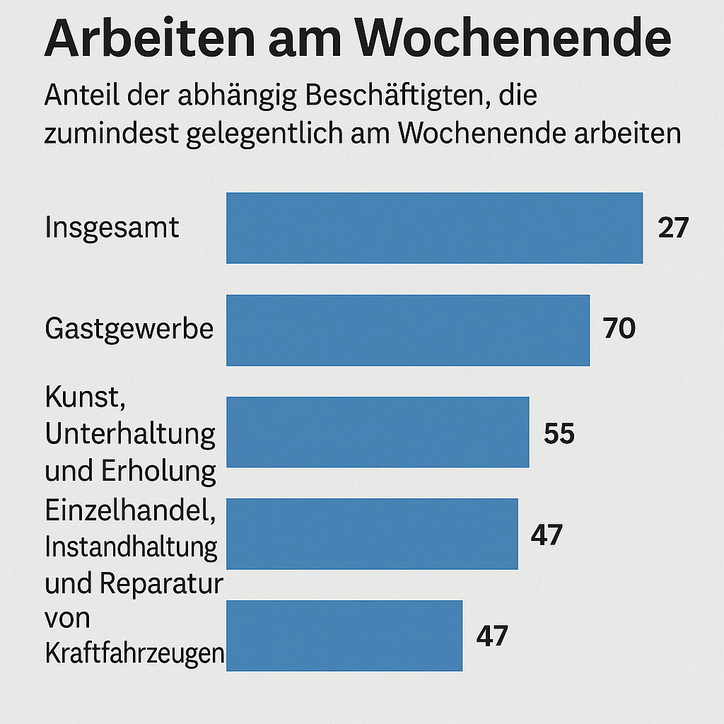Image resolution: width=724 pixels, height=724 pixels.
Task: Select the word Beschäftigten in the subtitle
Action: pos(397,96)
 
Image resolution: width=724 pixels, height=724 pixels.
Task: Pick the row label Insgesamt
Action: pos(112,228)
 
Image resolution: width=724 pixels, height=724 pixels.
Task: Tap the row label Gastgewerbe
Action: pos(129,329)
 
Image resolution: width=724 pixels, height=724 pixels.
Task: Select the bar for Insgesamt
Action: pos(434,228)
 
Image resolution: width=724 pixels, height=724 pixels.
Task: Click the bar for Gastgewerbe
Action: pos(407,330)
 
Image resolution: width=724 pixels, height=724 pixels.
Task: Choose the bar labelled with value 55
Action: pos(378,432)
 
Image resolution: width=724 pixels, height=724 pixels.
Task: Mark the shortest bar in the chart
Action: pos(344,636)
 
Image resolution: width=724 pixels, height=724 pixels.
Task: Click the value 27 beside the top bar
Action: pos(672,228)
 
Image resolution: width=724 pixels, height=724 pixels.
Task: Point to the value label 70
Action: pos(619,329)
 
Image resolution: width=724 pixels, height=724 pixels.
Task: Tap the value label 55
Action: pos(559,433)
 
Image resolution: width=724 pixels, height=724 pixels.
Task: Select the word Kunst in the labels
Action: pos(83,398)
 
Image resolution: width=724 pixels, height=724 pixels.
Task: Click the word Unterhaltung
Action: pos(130,433)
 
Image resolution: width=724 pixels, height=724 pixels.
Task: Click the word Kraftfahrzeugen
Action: pos(134,654)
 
